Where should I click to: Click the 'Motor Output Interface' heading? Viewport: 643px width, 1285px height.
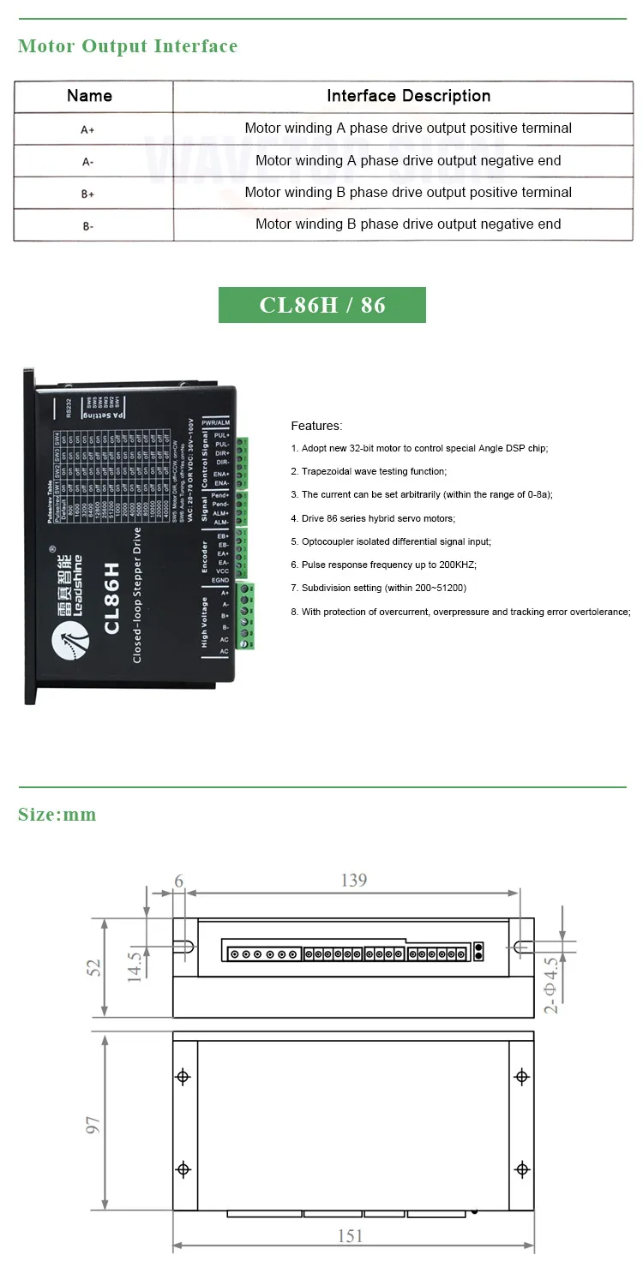(x=128, y=46)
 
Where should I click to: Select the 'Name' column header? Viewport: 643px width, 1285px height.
(x=89, y=96)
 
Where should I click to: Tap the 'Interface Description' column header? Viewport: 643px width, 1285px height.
(x=408, y=96)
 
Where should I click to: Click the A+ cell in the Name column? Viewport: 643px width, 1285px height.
(x=87, y=129)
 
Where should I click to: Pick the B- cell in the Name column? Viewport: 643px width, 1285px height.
(x=87, y=226)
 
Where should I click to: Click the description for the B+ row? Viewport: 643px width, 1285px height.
(x=408, y=193)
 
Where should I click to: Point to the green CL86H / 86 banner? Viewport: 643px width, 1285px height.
(x=322, y=305)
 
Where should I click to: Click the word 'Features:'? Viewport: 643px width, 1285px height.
(x=316, y=426)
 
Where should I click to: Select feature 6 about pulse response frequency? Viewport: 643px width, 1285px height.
(x=383, y=565)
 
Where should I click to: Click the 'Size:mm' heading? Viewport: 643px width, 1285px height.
(x=57, y=815)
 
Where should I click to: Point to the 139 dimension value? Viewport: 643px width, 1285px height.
(x=353, y=880)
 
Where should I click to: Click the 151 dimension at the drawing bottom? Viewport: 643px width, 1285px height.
(x=350, y=1235)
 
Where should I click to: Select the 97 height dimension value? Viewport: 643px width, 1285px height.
(x=93, y=1122)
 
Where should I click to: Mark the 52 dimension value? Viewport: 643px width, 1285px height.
(x=93, y=967)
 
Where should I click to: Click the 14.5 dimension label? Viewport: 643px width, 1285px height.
(x=135, y=965)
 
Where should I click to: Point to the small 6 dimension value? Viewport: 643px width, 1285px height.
(x=178, y=880)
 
